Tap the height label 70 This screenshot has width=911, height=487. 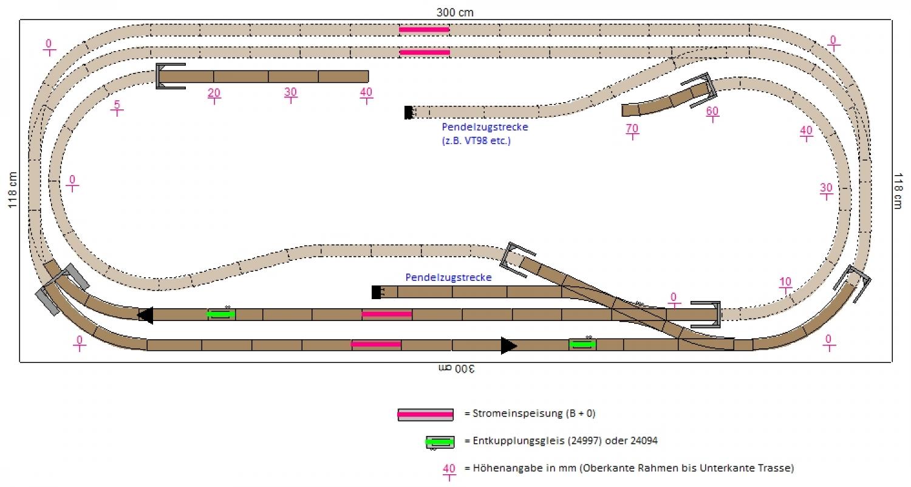tap(632, 130)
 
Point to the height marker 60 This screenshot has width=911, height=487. tap(712, 112)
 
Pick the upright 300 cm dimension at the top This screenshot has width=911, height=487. tap(455, 12)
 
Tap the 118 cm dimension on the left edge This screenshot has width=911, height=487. tap(12, 190)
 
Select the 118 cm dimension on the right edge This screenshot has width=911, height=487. tap(899, 190)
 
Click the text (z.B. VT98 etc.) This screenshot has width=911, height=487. tap(476, 141)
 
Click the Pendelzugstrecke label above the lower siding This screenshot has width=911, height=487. tap(448, 277)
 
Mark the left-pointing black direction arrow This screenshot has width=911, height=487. tap(145, 315)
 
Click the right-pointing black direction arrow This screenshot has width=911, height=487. tap(508, 345)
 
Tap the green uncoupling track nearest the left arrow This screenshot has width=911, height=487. tap(221, 314)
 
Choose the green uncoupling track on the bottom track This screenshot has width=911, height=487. tap(582, 344)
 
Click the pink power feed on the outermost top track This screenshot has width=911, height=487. tap(424, 29)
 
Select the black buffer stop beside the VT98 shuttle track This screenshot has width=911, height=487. tap(409, 112)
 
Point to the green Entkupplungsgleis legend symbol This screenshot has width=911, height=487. tap(440, 441)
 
